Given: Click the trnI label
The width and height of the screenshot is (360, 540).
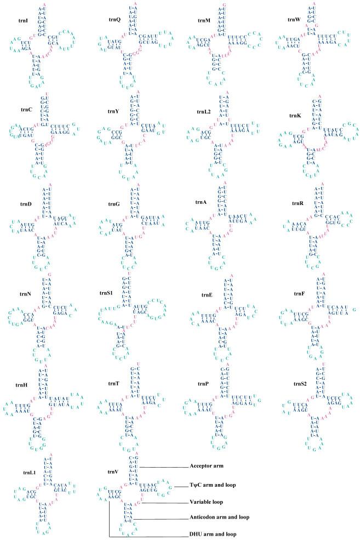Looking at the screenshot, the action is point(22,21).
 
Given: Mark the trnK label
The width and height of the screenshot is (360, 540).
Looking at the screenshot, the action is point(294,116).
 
